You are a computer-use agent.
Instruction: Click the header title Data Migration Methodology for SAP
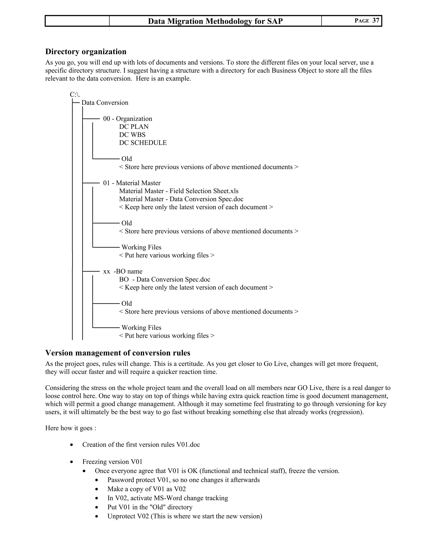215,21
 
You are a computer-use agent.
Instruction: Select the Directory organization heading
86,52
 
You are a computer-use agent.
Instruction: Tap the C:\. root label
75,95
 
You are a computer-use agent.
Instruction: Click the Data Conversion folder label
105,103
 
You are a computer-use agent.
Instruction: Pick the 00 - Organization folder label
128,119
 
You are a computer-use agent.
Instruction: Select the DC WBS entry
132,135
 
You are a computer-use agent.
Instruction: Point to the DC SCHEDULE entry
143,143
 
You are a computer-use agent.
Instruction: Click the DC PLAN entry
134,127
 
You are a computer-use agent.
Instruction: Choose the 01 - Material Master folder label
132,183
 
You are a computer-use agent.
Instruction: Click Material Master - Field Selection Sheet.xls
179,191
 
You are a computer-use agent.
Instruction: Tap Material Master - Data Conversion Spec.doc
181,199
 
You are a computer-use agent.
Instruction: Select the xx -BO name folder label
123,272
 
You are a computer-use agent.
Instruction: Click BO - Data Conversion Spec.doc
165,279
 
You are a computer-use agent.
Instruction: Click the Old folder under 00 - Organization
126,159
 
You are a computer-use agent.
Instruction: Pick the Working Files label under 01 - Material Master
141,247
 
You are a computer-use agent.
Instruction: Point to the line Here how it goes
71,428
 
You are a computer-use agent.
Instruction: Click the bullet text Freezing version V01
112,462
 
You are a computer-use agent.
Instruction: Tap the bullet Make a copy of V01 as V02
146,489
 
